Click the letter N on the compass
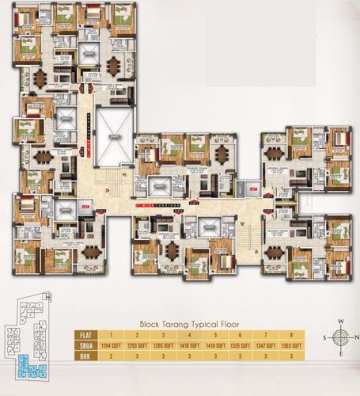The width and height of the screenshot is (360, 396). [341, 322]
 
